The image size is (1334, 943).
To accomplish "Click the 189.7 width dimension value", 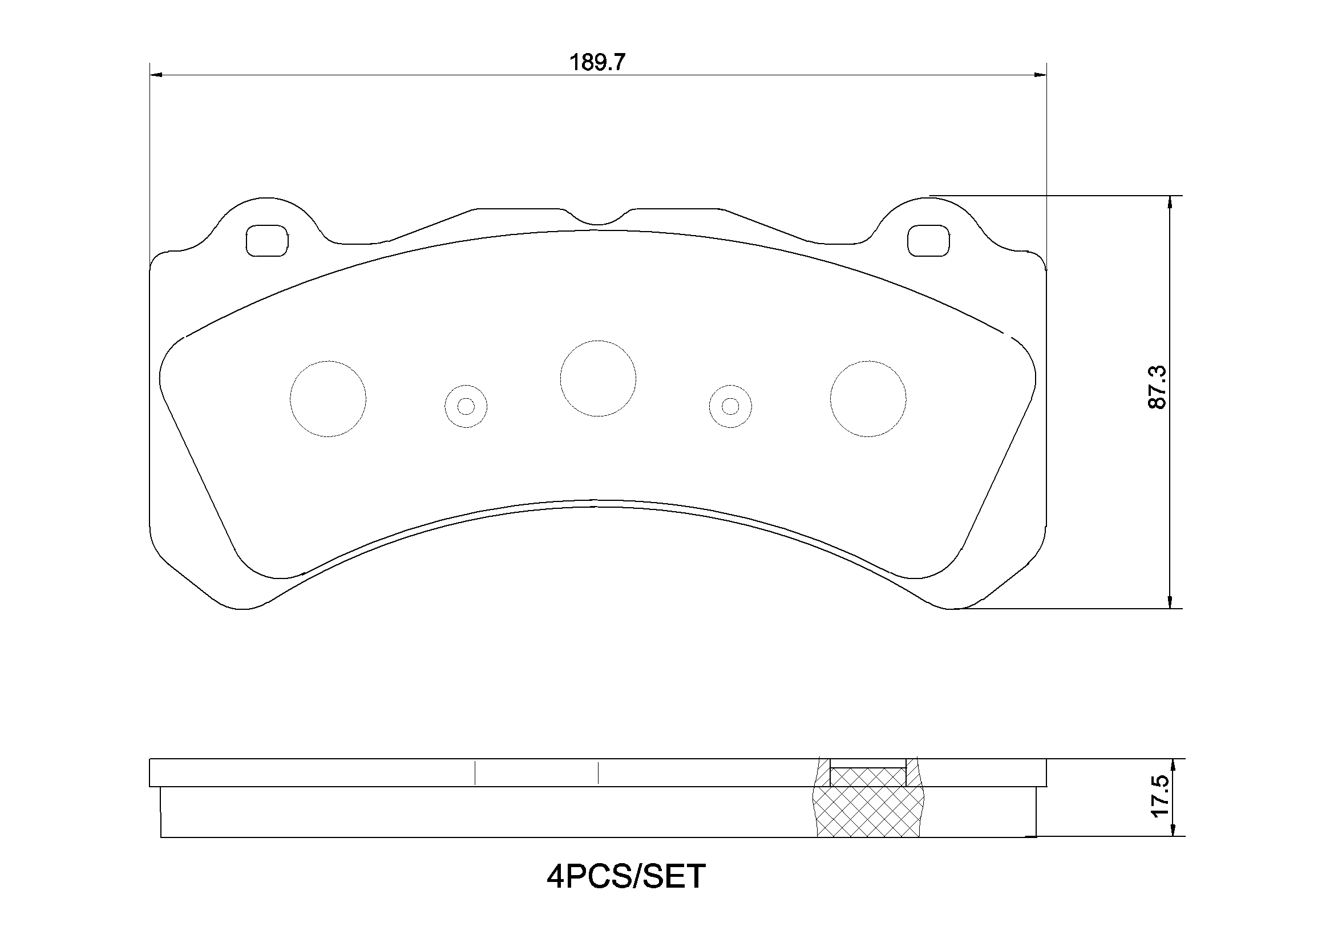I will tap(597, 62).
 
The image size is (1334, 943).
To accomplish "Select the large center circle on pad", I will tap(598, 378).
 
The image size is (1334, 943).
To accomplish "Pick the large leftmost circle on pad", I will tap(328, 399).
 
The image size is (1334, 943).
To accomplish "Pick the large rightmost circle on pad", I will tap(868, 399).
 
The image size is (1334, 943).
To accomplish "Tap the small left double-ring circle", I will tap(466, 406).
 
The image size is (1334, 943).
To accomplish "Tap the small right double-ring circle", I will tap(730, 406).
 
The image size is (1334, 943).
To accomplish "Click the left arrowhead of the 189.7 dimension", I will tap(156, 75).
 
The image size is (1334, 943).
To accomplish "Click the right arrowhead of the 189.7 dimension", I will tap(1040, 75).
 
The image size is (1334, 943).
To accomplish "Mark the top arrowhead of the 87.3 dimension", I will tap(1170, 201).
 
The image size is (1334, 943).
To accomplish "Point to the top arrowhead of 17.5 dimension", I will tap(1173, 764).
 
